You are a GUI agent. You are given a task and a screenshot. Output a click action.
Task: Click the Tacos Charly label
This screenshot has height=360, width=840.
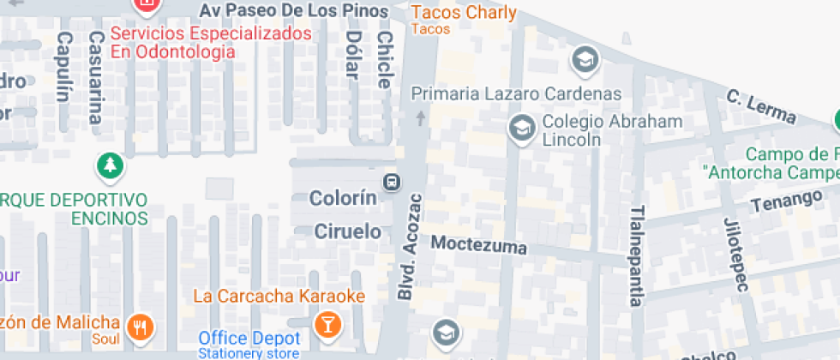coord(464,13)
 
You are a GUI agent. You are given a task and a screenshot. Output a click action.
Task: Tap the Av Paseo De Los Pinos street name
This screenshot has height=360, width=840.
coord(295,11)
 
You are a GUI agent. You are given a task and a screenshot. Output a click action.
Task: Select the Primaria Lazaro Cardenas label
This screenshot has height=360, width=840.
coord(516,93)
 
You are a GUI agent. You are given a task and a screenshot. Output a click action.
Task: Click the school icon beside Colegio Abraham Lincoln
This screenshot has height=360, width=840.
coord(520,129)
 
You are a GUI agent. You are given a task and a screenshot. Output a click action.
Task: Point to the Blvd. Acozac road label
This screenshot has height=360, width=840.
coord(410,247)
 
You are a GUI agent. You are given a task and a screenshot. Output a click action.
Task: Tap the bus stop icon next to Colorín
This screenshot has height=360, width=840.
coord(391,182)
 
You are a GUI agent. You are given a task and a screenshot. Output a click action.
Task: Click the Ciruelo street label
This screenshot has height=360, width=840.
coord(347,231)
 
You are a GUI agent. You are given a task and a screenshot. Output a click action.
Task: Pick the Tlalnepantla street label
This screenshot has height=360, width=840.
coord(636,255)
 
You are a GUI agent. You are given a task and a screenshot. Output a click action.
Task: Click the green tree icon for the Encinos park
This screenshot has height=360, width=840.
coord(109,168)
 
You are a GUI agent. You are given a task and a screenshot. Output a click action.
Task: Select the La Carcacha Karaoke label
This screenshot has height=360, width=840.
coord(279,297)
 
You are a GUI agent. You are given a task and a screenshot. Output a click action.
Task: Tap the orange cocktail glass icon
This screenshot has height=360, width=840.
coord(327,325)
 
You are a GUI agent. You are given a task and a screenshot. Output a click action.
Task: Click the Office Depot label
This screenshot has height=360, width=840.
coord(249,339)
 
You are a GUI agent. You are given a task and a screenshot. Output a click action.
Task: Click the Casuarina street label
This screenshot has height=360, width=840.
coord(96,76)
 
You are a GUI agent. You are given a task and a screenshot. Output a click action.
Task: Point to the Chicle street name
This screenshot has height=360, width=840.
coord(384,60)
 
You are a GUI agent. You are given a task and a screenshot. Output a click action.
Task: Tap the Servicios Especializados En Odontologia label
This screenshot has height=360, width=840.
coord(211,43)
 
